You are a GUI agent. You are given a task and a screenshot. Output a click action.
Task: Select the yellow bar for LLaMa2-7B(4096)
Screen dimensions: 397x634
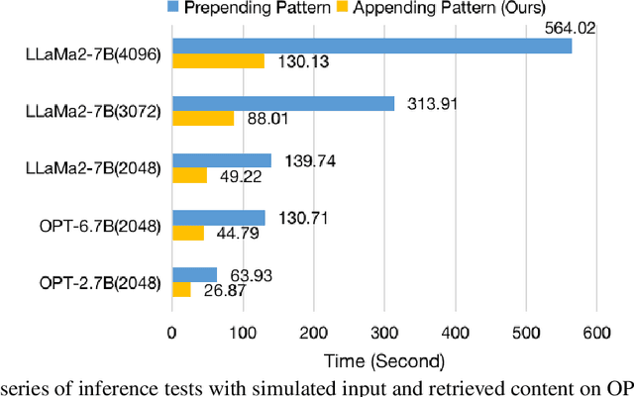pos(219,61)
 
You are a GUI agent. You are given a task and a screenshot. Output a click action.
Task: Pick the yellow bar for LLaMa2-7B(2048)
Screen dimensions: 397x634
pos(190,175)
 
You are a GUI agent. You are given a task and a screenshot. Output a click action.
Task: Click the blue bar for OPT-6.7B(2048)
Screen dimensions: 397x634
pos(219,218)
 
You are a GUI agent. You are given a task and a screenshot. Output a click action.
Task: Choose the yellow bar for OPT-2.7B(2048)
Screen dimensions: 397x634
pos(182,290)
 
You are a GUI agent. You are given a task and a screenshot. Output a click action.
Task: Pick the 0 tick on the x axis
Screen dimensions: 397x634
pos(172,330)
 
